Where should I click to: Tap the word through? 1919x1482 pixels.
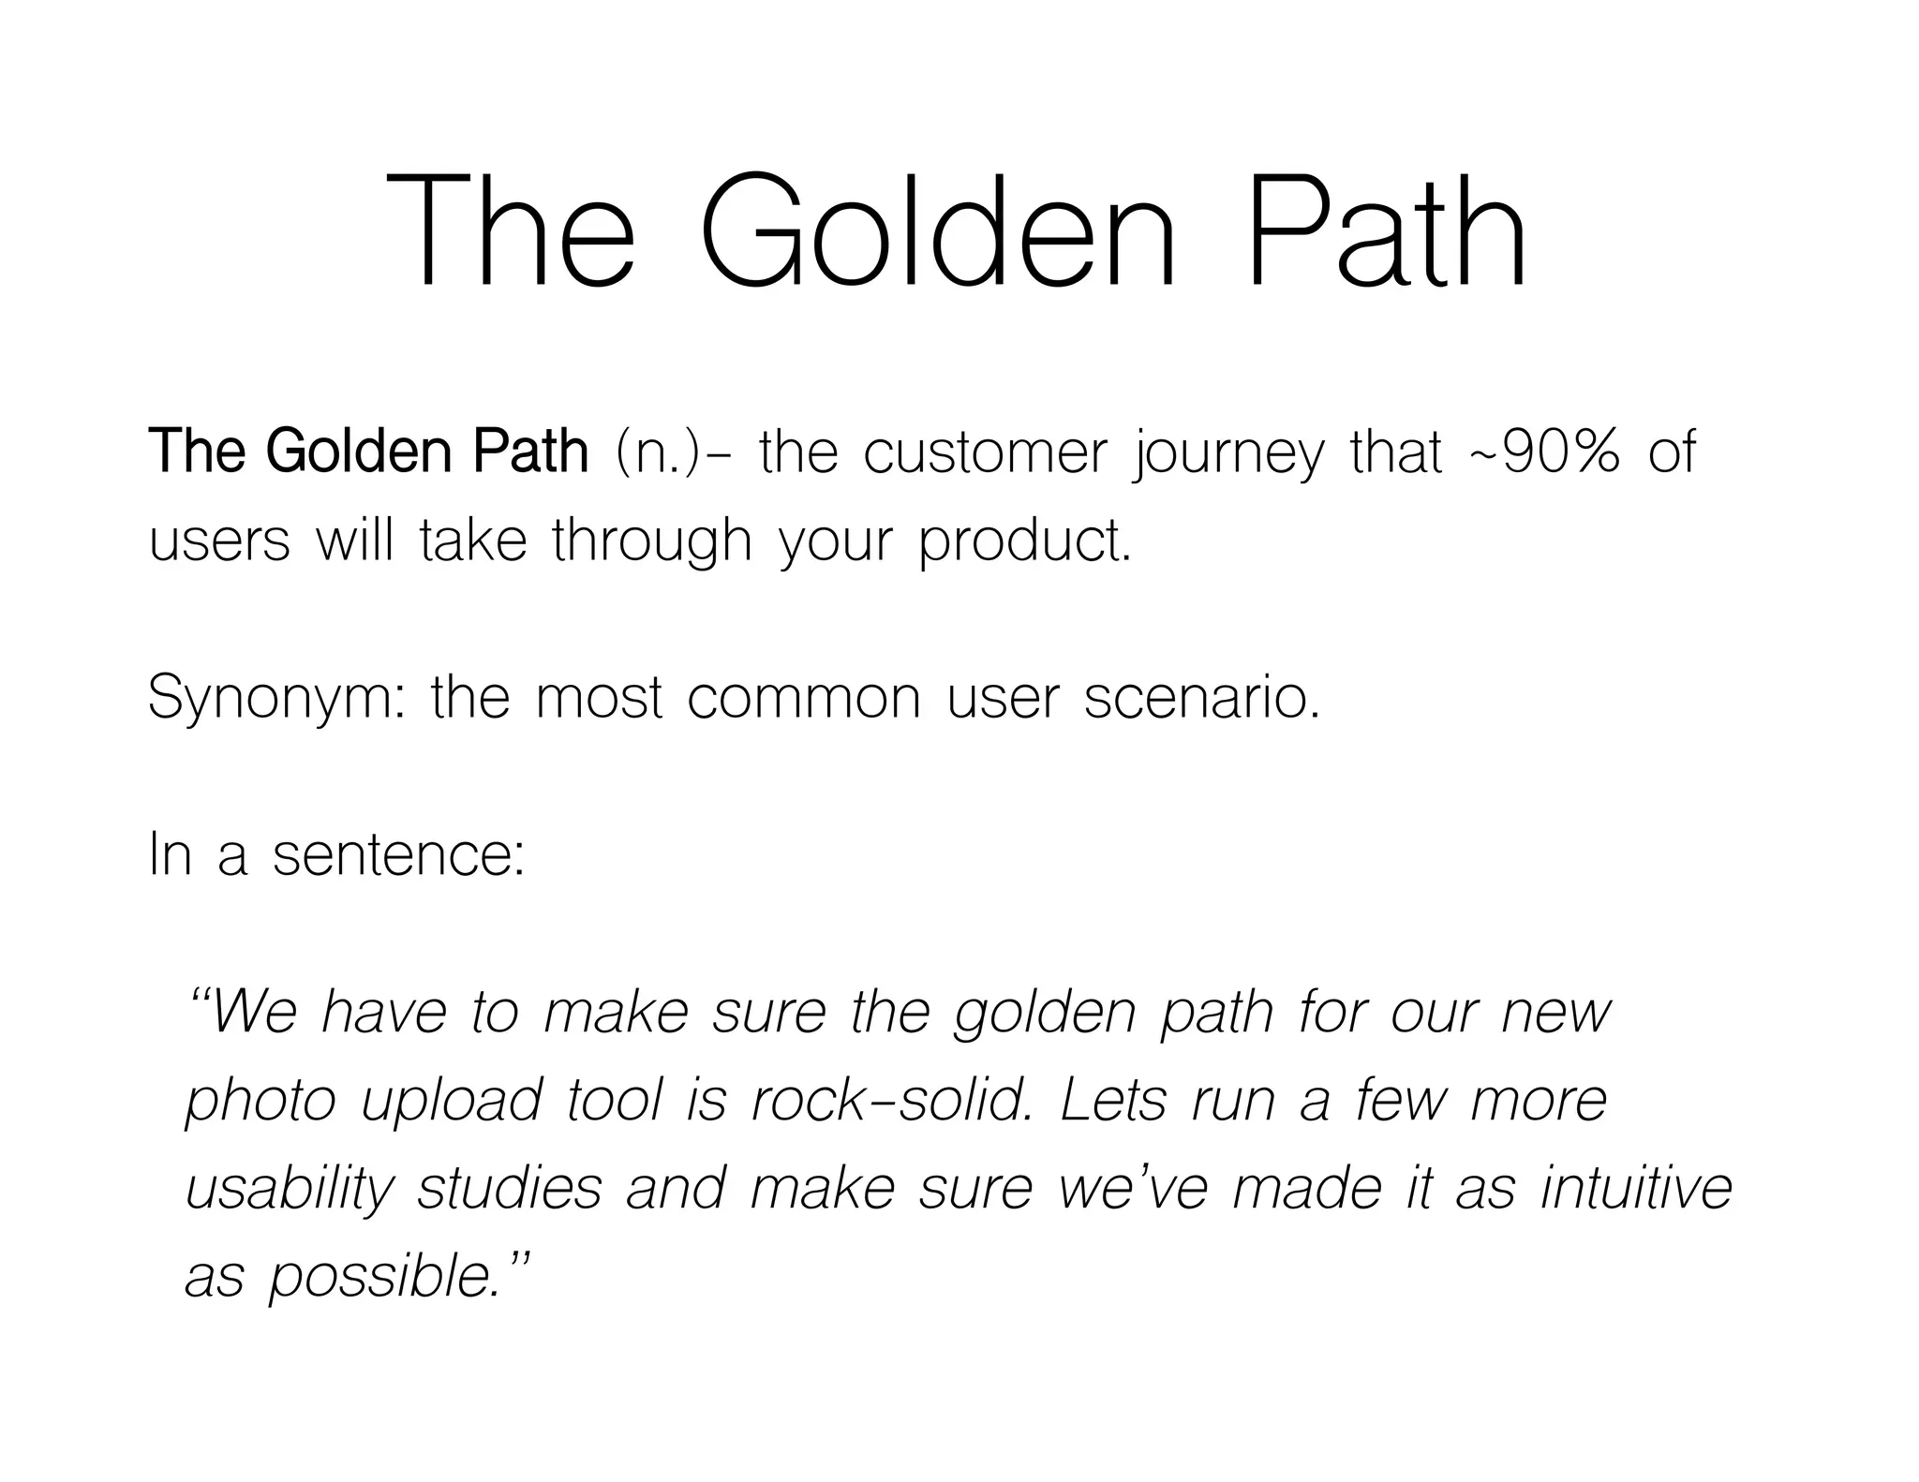point(652,542)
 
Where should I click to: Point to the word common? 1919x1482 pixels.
point(804,698)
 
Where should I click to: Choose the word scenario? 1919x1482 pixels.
point(1202,698)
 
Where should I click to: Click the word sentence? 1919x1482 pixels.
point(398,854)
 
